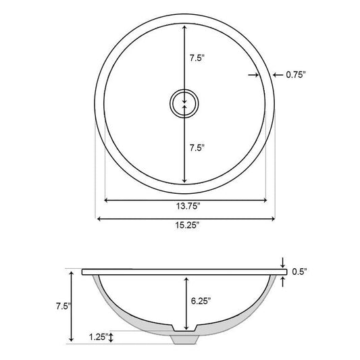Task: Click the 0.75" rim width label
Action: click(296, 74)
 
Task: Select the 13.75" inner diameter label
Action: click(188, 206)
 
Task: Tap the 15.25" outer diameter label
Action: click(187, 225)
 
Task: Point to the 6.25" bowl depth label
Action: click(201, 301)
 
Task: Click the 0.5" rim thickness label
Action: click(299, 272)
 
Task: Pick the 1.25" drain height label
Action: click(99, 337)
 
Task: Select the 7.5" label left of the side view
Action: click(63, 306)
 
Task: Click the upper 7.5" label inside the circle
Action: click(197, 58)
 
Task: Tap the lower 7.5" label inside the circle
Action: click(197, 148)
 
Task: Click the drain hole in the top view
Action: click(184, 103)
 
